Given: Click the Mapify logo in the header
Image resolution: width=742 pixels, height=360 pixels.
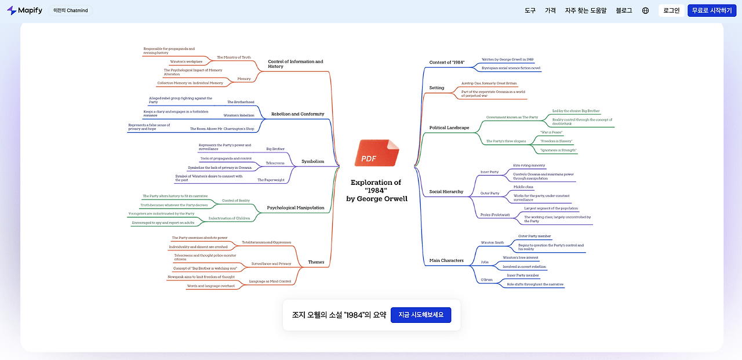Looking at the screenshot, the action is coord(24,10).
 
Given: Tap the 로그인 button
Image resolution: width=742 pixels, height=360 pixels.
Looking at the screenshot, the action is coord(671,10).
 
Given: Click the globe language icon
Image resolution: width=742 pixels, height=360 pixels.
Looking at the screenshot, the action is coord(646,10).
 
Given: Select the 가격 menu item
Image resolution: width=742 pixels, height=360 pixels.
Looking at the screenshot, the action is coord(550,10).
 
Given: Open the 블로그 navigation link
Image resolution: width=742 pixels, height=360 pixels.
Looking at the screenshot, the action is coord(624,10).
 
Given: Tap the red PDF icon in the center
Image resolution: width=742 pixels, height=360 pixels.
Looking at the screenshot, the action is coord(377,154).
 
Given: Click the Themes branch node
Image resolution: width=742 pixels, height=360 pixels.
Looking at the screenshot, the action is coord(316,262).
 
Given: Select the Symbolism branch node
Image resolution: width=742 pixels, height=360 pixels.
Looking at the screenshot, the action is coord(313,161).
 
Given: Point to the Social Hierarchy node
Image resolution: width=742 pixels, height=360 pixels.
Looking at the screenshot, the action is coord(446,191).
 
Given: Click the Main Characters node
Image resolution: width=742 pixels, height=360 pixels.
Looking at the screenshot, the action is coord(446,260).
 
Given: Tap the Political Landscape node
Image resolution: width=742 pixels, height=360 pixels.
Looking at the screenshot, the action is coord(449,128).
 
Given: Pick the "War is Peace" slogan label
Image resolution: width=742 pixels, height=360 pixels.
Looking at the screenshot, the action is coord(551,132).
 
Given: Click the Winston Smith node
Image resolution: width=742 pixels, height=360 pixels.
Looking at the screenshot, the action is coord(492,242).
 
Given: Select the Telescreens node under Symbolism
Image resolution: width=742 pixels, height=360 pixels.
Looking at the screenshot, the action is coord(275,163).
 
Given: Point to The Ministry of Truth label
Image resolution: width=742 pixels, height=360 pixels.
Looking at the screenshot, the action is coord(234,57).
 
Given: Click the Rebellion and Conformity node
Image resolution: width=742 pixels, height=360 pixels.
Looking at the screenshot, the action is coord(297,114).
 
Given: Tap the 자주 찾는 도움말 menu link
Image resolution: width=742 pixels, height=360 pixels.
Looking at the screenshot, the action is coord(585,10).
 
